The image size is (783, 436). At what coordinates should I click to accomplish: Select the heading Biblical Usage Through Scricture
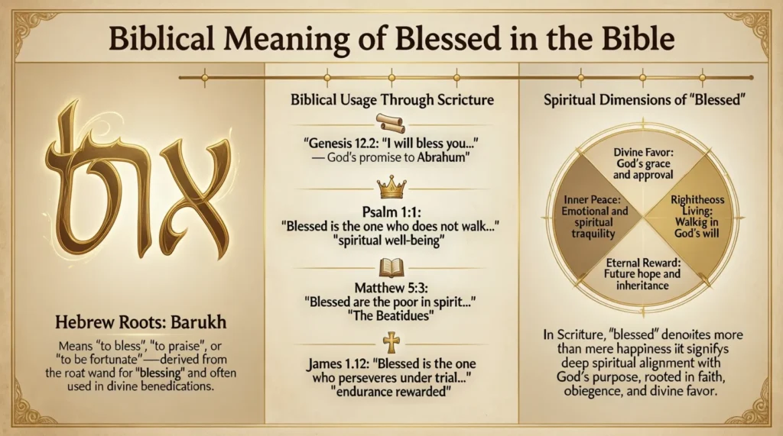tap(392, 100)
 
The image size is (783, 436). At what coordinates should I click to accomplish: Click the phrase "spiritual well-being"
tap(391, 241)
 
